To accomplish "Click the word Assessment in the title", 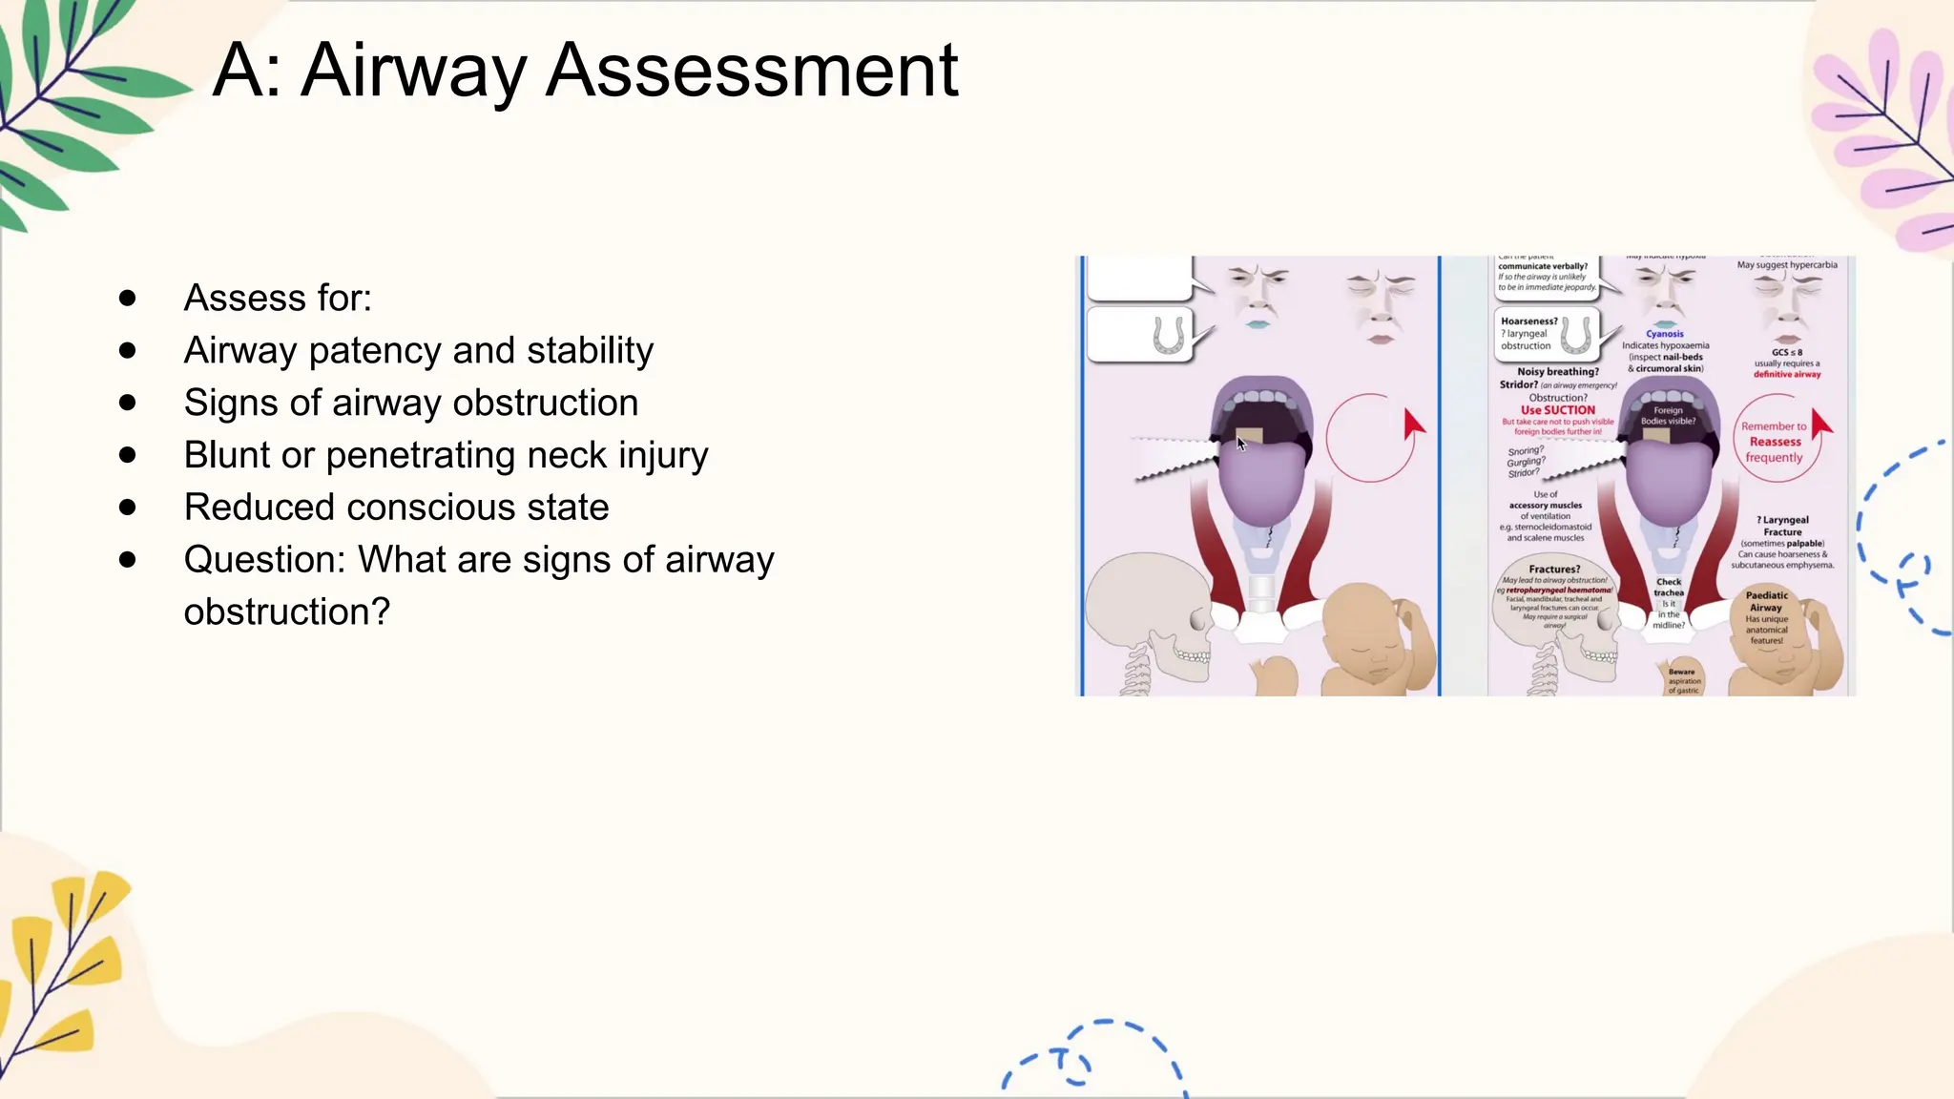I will (752, 70).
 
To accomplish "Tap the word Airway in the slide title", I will (413, 72).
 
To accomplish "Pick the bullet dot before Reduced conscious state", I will (128, 508).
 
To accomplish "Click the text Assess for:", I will (278, 299).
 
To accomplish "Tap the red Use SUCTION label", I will (1557, 410).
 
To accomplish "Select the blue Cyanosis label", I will (1665, 334).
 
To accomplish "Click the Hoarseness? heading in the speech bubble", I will (1528, 321).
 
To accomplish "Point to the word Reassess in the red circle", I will (1775, 442).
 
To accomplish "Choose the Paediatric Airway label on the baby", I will (1766, 601).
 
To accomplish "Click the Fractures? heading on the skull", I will (1554, 570).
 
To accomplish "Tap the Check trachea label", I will (1669, 587).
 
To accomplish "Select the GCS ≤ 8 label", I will (1787, 352).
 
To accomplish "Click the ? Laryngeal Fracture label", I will (1782, 526).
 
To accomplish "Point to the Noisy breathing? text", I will (1558, 372).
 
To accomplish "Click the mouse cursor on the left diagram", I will (1241, 443).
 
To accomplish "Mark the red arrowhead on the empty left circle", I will (1413, 425).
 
